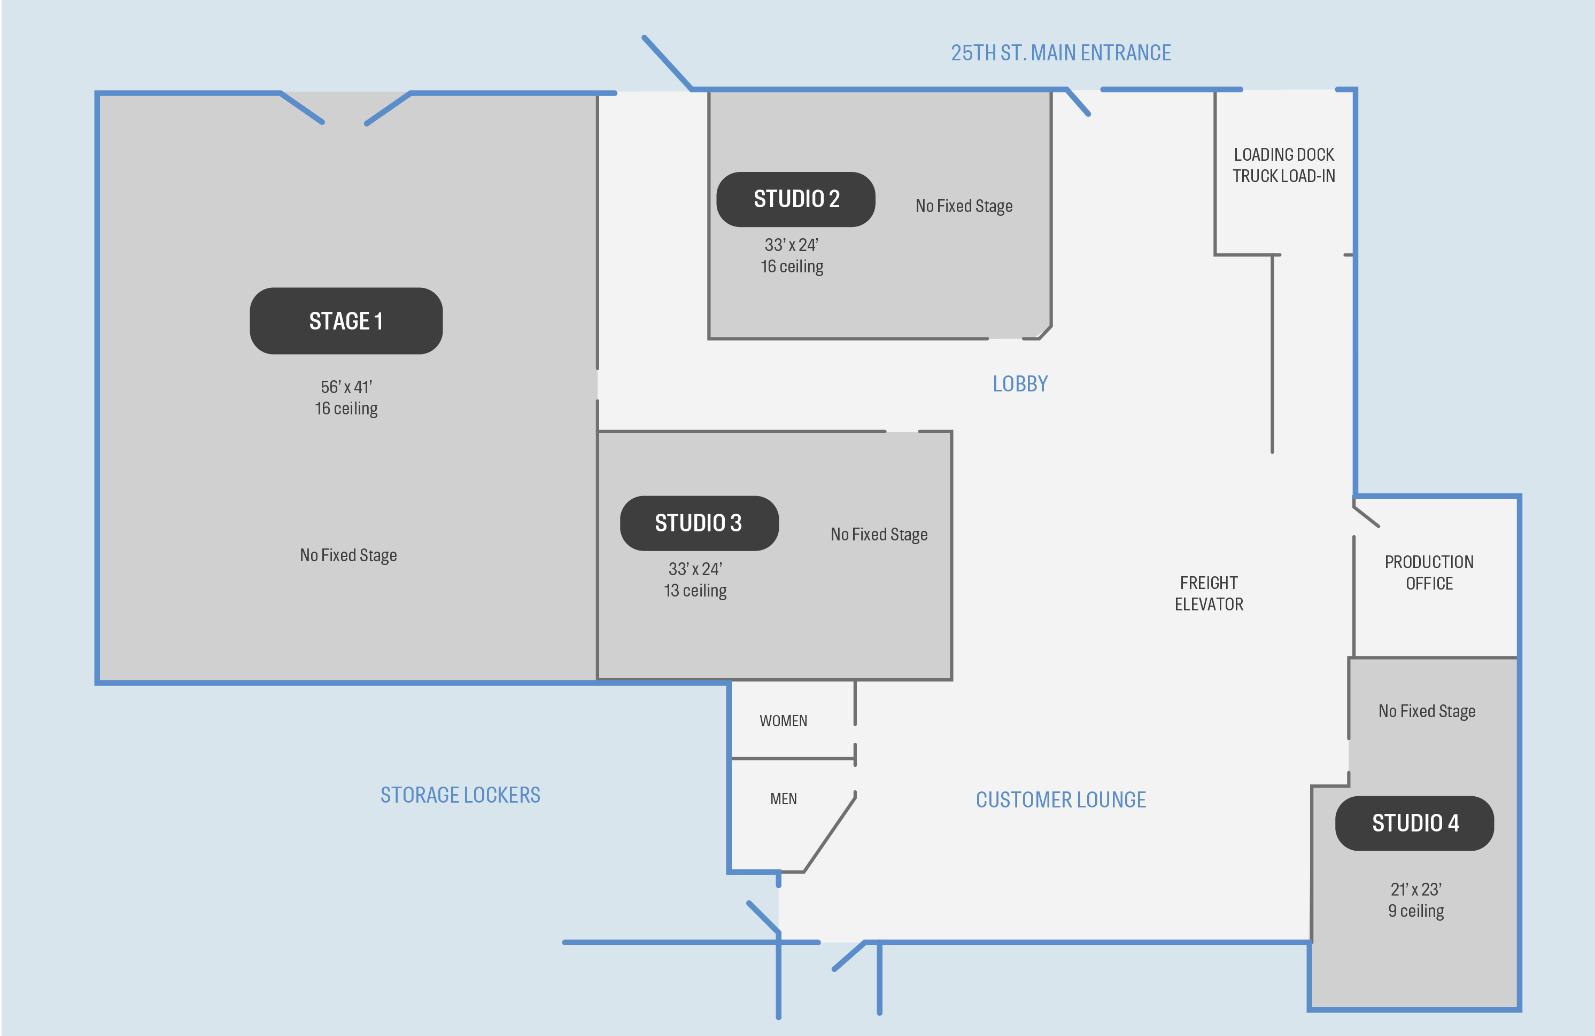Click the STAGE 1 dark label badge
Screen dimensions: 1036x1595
click(x=346, y=321)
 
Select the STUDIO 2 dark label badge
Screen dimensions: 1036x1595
click(x=795, y=199)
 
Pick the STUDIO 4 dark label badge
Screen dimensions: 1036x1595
click(x=1414, y=823)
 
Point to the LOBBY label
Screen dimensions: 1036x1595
click(x=1019, y=384)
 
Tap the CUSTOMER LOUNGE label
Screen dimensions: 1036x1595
click(x=1060, y=799)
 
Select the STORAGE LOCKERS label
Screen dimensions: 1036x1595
click(x=460, y=795)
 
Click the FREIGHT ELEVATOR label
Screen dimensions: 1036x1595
click(x=1209, y=593)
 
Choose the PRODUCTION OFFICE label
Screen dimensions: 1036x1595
click(x=1429, y=572)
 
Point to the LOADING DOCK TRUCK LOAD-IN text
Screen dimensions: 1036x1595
click(x=1283, y=166)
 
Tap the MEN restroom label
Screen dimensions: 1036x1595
click(x=783, y=799)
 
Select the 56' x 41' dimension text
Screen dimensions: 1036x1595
click(x=346, y=387)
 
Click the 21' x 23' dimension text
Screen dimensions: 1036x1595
click(x=1415, y=889)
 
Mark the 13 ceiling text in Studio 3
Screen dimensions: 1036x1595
click(x=695, y=591)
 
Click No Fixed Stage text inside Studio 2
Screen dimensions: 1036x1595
click(x=964, y=206)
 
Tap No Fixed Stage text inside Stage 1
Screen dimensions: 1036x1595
click(x=348, y=555)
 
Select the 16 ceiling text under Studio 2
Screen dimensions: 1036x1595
click(x=792, y=266)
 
